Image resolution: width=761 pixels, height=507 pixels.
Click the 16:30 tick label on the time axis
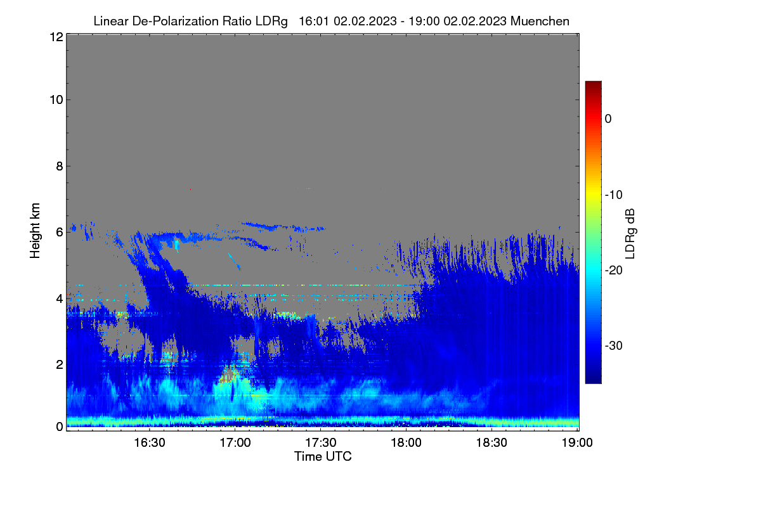pyautogui.click(x=150, y=443)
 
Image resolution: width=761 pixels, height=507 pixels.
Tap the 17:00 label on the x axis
pyautogui.click(x=235, y=443)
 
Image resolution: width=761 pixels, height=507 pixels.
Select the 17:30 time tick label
pyautogui.click(x=321, y=443)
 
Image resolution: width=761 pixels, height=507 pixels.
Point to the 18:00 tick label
pyautogui.click(x=406, y=443)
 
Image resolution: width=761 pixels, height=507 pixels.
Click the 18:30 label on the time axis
pyautogui.click(x=491, y=443)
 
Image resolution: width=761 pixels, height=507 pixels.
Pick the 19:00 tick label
pyautogui.click(x=577, y=443)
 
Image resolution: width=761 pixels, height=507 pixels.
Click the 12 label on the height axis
pyautogui.click(x=56, y=37)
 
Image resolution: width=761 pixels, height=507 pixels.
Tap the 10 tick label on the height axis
pyautogui.click(x=56, y=100)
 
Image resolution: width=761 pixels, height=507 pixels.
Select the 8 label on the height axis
pyautogui.click(x=60, y=167)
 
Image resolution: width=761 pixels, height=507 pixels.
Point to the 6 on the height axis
pyautogui.click(x=60, y=233)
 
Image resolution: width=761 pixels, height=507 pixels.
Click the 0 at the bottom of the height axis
pyautogui.click(x=60, y=427)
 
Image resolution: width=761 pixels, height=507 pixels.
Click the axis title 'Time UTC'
pyautogui.click(x=323, y=456)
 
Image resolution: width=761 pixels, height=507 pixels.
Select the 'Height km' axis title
pyautogui.click(x=35, y=231)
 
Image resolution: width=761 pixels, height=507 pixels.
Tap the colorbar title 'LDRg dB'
pyautogui.click(x=630, y=234)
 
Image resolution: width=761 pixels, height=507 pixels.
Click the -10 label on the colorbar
pyautogui.click(x=614, y=195)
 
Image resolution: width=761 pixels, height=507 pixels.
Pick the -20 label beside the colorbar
pyautogui.click(x=614, y=271)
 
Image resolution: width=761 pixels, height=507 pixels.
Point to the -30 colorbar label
pyautogui.click(x=614, y=346)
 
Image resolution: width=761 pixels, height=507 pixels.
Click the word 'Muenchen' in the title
pyautogui.click(x=540, y=22)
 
